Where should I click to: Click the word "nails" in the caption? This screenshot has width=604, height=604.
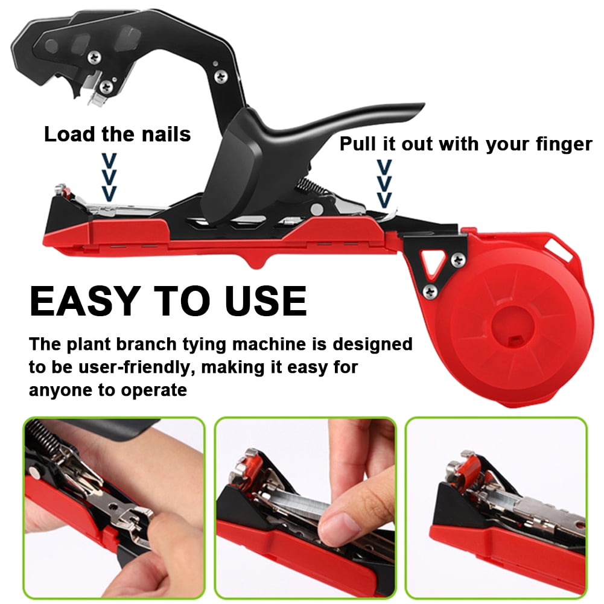click(166, 134)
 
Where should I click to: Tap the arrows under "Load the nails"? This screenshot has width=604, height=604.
click(109, 177)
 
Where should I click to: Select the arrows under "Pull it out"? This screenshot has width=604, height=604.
click(384, 183)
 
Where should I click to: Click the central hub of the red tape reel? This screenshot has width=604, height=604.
click(513, 328)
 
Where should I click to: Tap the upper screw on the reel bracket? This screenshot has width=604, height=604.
click(458, 260)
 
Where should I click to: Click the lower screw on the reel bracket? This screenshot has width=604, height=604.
click(430, 291)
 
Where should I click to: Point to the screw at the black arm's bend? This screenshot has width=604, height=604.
click(221, 76)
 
